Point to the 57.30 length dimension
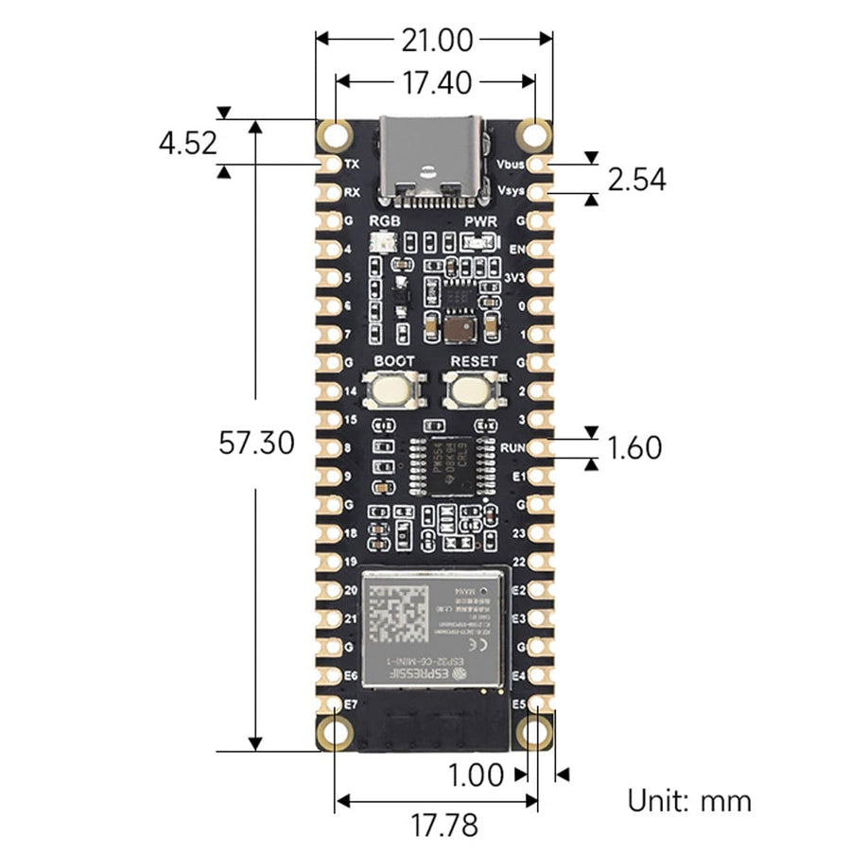tap(255, 443)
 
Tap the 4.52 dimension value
tap(188, 144)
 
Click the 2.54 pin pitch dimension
tap(636, 179)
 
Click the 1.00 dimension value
tap(476, 775)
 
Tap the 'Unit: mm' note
tap(689, 801)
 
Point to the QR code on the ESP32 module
tap(398, 617)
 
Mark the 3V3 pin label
tap(514, 277)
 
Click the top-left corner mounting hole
tap(333, 134)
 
